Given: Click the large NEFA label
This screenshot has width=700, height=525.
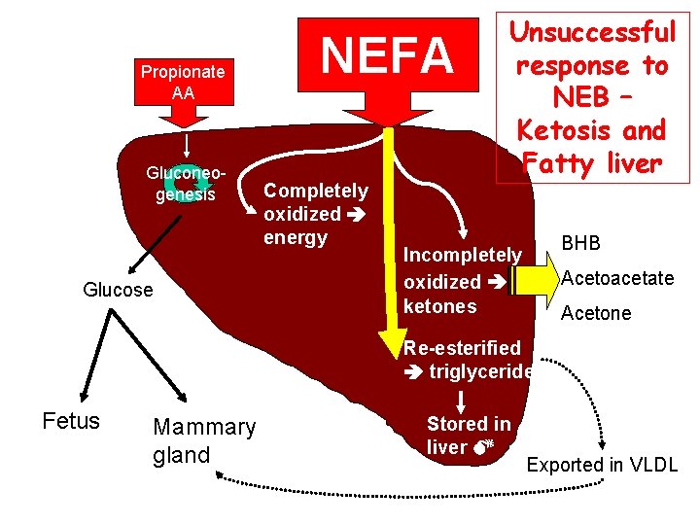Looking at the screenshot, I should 388,56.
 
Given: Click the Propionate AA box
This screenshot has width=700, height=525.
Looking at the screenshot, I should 183,82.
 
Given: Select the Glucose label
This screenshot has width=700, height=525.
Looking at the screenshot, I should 118,290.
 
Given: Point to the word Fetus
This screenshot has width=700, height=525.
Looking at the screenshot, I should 71,421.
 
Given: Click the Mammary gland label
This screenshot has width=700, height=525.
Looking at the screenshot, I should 204,440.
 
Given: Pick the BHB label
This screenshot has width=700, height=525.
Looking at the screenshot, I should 579,242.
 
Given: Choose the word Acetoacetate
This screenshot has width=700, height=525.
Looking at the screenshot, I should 617,279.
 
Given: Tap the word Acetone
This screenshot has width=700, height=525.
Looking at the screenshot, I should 595,313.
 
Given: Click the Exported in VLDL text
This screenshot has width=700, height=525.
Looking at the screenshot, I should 602,465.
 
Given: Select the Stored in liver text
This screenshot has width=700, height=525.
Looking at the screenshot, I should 468,436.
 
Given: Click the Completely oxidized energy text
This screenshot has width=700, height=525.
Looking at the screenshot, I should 316,214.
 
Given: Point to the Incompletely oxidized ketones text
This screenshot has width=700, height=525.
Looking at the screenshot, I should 462,281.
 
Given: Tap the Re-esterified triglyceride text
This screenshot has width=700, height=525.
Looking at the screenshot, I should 467,360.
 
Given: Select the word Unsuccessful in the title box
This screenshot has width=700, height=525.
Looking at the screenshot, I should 593,33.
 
